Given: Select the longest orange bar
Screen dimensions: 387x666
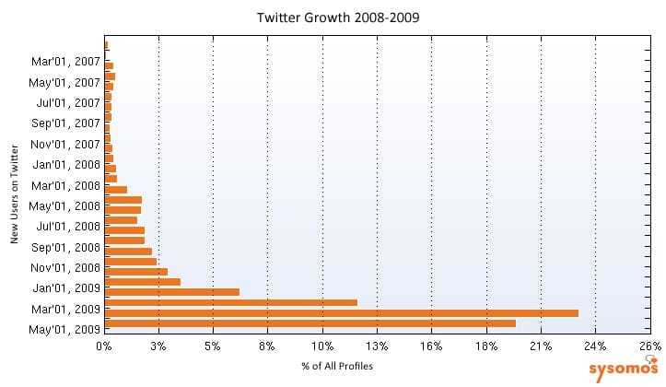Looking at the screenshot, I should coord(342,312).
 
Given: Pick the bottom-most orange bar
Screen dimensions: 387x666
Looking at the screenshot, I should coord(310,322).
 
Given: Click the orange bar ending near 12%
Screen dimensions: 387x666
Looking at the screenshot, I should coord(231,302).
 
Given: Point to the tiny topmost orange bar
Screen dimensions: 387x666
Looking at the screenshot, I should coord(107,44).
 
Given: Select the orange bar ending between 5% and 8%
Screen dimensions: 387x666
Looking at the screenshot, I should coord(172,291).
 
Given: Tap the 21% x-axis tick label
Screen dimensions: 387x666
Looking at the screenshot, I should coord(541,346).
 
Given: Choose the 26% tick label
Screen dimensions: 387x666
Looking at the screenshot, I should coord(649,346).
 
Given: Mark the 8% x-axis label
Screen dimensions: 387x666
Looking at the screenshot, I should coord(268,346).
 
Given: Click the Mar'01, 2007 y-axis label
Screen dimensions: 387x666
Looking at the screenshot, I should coord(65,62).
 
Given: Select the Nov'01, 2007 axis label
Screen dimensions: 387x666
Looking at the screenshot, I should coord(65,144).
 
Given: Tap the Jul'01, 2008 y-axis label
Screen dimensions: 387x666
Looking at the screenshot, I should coord(66,226).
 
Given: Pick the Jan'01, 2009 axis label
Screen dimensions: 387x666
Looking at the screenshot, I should coord(65,287).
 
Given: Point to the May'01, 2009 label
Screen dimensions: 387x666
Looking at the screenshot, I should coord(64,329).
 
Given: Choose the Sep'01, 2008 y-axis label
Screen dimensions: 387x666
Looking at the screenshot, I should coord(65,247).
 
